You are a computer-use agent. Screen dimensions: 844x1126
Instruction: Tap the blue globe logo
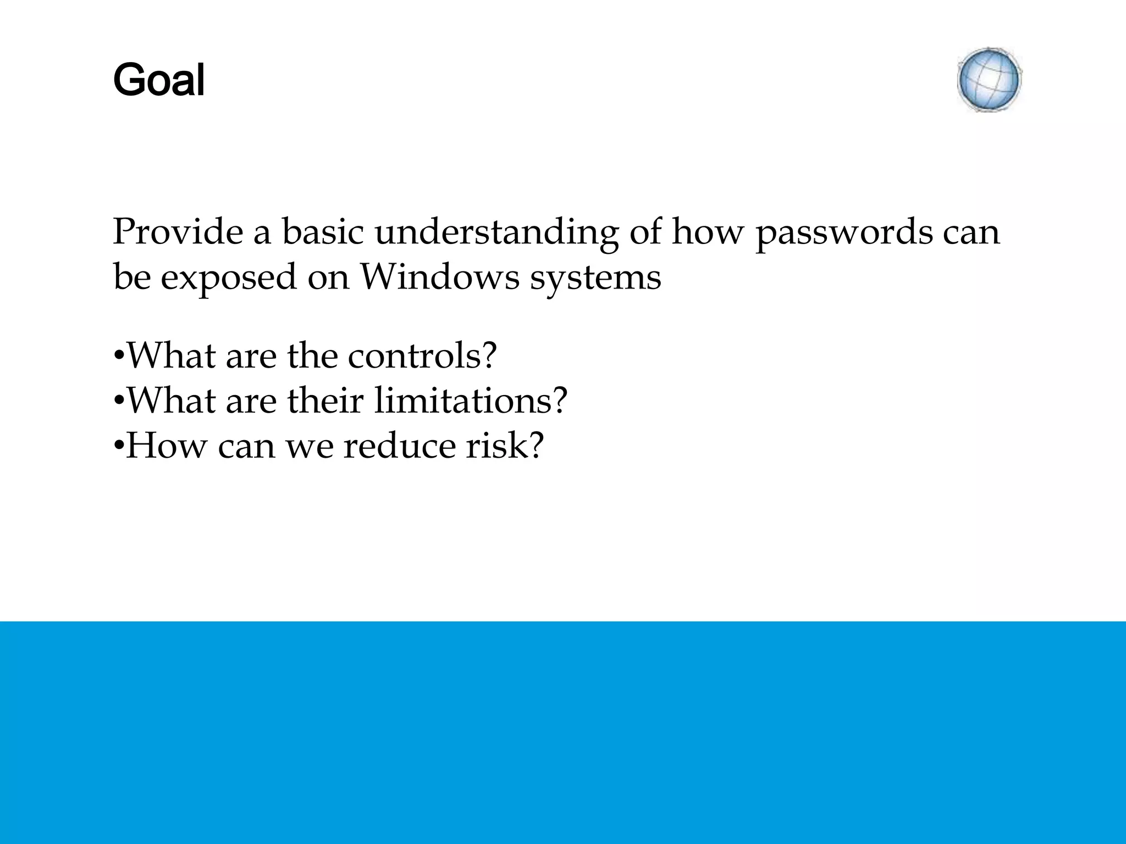(989, 80)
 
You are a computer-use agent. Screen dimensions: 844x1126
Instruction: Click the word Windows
(439, 277)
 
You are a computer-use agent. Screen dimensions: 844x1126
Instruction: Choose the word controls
(422, 356)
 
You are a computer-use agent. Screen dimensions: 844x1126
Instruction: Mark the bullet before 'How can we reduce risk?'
(118, 447)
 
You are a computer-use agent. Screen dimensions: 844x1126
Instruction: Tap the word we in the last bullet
(310, 447)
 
